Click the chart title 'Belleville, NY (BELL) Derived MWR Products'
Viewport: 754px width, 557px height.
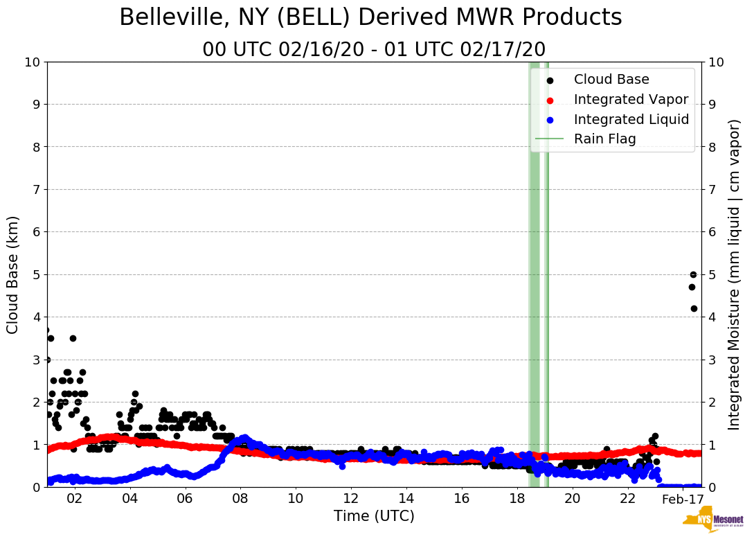pos(370,18)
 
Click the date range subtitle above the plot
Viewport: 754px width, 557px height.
pos(374,50)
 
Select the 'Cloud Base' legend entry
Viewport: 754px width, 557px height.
pos(611,80)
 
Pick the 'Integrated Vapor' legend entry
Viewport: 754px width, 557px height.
pos(631,99)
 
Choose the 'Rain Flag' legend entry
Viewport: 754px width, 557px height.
pos(604,139)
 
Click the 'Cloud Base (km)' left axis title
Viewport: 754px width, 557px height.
pos(13,274)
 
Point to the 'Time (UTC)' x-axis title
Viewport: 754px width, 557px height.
pos(374,516)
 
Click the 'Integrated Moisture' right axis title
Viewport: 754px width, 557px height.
pos(735,274)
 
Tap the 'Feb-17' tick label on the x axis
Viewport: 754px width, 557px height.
pos(683,499)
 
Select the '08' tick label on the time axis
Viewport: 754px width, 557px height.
pos(240,499)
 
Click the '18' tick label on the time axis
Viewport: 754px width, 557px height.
pos(517,499)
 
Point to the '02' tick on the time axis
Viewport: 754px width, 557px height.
pos(74,499)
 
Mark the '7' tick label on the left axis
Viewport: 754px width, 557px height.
pos(36,189)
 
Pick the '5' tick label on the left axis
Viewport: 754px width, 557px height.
pos(36,274)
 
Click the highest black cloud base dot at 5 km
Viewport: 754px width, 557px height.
pos(693,274)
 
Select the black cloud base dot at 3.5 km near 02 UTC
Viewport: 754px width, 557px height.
pos(73,338)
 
